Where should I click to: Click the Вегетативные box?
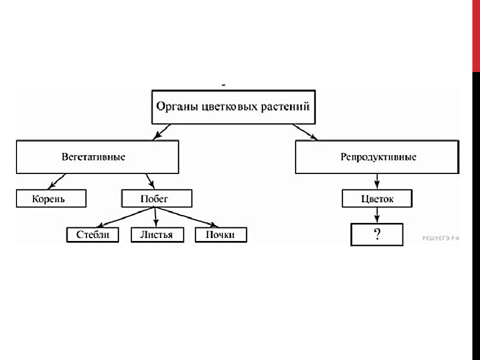point(97,157)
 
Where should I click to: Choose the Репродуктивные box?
point(377,157)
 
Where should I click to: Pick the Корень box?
point(51,198)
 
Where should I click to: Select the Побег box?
point(156,198)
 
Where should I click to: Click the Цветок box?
point(377,198)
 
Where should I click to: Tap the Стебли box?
point(93,235)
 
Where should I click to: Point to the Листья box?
point(157,235)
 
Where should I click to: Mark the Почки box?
point(220,235)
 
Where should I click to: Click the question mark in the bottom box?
point(377,234)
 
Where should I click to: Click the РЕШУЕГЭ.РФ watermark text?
point(441,238)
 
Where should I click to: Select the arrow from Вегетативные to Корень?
point(57,181)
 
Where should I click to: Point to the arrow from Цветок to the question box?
point(377,215)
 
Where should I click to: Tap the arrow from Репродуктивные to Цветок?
point(377,181)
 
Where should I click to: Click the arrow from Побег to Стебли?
point(126,217)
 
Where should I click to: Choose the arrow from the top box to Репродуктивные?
point(305,132)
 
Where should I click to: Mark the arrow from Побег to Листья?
point(155,217)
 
